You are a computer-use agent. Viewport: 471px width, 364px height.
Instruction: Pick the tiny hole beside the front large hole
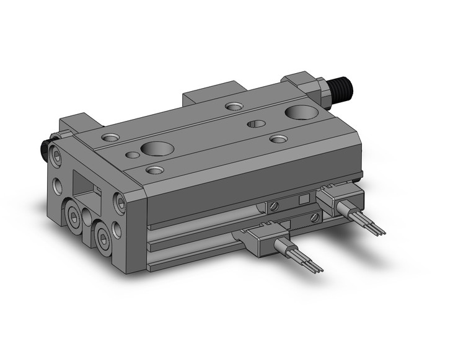(132, 155)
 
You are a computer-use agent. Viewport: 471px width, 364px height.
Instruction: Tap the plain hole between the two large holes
(256, 124)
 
